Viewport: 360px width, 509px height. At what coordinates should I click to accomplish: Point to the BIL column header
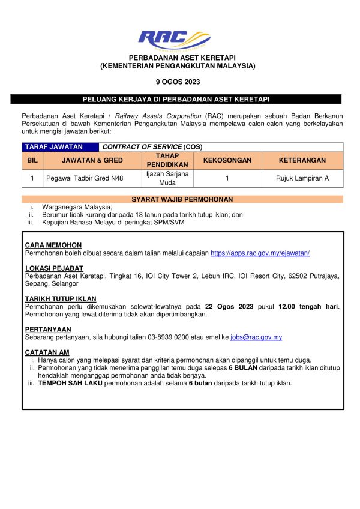(x=32, y=160)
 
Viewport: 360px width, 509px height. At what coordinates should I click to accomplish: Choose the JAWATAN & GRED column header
(x=92, y=160)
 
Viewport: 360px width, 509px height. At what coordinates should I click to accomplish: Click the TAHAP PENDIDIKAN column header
(x=159, y=160)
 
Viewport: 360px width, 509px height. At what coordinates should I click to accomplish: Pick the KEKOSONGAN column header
(x=227, y=160)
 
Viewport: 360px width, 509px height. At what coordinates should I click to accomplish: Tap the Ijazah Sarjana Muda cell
(x=159, y=178)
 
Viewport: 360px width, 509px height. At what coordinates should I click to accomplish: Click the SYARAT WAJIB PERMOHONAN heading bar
(x=182, y=199)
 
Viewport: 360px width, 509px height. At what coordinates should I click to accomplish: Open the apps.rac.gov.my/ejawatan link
(x=260, y=254)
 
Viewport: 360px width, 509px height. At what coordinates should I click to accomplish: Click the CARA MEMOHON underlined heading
(x=53, y=245)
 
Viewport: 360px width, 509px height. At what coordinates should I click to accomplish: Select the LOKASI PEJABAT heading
(x=54, y=268)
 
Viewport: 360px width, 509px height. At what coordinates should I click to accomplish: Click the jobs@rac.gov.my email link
(x=256, y=337)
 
